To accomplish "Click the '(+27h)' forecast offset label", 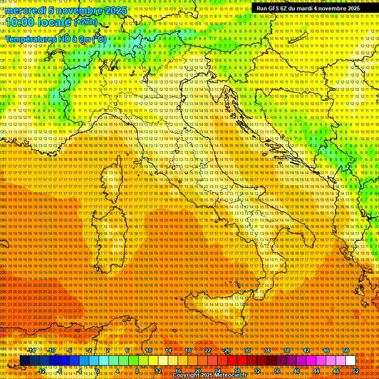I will pos(85,22).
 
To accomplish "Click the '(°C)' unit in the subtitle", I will pos(99,38).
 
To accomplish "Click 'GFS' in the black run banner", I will pos(275,8).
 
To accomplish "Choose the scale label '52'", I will pos(356,371).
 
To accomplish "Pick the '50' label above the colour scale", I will pos(346,350).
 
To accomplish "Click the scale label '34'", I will pos(267,350).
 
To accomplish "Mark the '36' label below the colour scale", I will pos(277,371).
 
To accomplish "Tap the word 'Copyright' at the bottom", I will pos(187,376).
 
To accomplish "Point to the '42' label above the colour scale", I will pos(306,350).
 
